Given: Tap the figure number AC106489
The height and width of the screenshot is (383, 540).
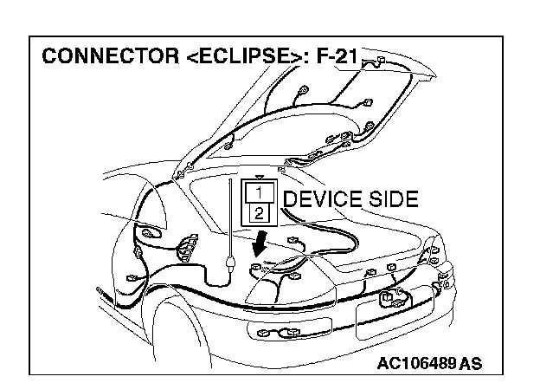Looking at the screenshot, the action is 417,361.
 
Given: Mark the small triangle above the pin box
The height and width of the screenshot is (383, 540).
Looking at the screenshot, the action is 260,175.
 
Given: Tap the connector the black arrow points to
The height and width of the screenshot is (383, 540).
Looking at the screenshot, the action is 256,269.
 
